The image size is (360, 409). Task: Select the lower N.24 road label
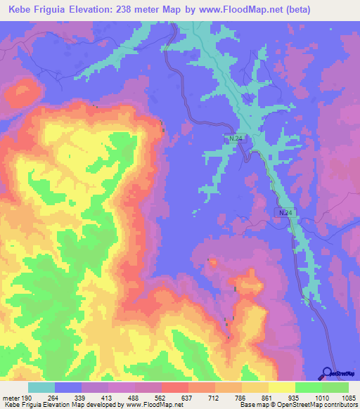[x=283, y=212]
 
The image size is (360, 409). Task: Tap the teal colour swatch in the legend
[x=41, y=388]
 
